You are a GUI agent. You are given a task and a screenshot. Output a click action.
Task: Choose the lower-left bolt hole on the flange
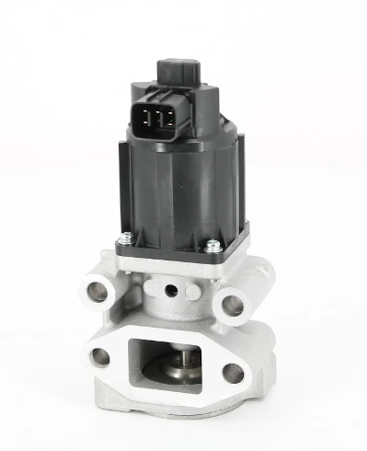[x=100, y=357]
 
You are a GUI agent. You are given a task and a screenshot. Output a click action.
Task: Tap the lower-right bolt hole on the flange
[x=234, y=372]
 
